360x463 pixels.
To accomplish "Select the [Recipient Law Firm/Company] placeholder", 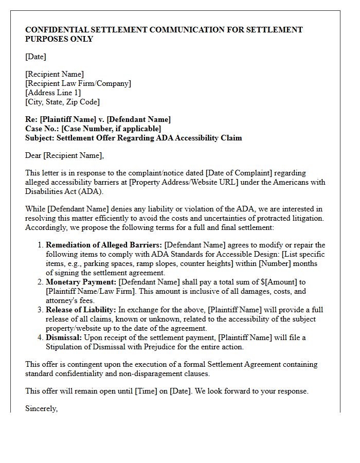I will tap(78, 83).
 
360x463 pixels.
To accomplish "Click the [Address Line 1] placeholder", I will tap(53, 93).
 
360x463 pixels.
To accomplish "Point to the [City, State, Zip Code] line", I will tap(62, 102).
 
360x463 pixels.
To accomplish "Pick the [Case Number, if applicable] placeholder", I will tap(111, 129).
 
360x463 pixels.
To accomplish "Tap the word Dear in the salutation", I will tap(33, 155).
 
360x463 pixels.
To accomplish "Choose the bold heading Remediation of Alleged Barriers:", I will tap(104, 245).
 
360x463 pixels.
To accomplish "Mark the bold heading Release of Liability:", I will tap(81, 310).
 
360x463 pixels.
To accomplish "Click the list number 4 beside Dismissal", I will tap(40, 337).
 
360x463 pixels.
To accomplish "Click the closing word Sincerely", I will tap(41, 408).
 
